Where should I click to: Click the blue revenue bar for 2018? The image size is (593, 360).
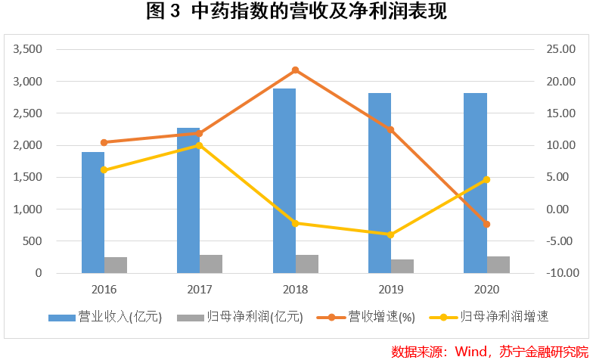tap(284, 182)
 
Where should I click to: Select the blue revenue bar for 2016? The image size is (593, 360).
tap(93, 213)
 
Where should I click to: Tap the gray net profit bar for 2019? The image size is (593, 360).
tap(402, 265)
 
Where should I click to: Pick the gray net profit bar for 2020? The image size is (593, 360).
tap(498, 264)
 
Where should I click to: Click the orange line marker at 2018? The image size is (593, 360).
tap(296, 70)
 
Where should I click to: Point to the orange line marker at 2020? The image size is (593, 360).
tap(487, 225)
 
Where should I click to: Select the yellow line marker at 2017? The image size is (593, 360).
tap(200, 145)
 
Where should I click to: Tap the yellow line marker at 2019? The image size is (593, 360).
tap(391, 234)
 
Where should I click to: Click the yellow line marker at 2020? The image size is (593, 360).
tap(487, 179)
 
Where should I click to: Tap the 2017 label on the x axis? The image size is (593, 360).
tap(200, 289)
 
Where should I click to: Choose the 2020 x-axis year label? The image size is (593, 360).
tap(487, 289)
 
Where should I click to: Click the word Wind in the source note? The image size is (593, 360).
tap(471, 351)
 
